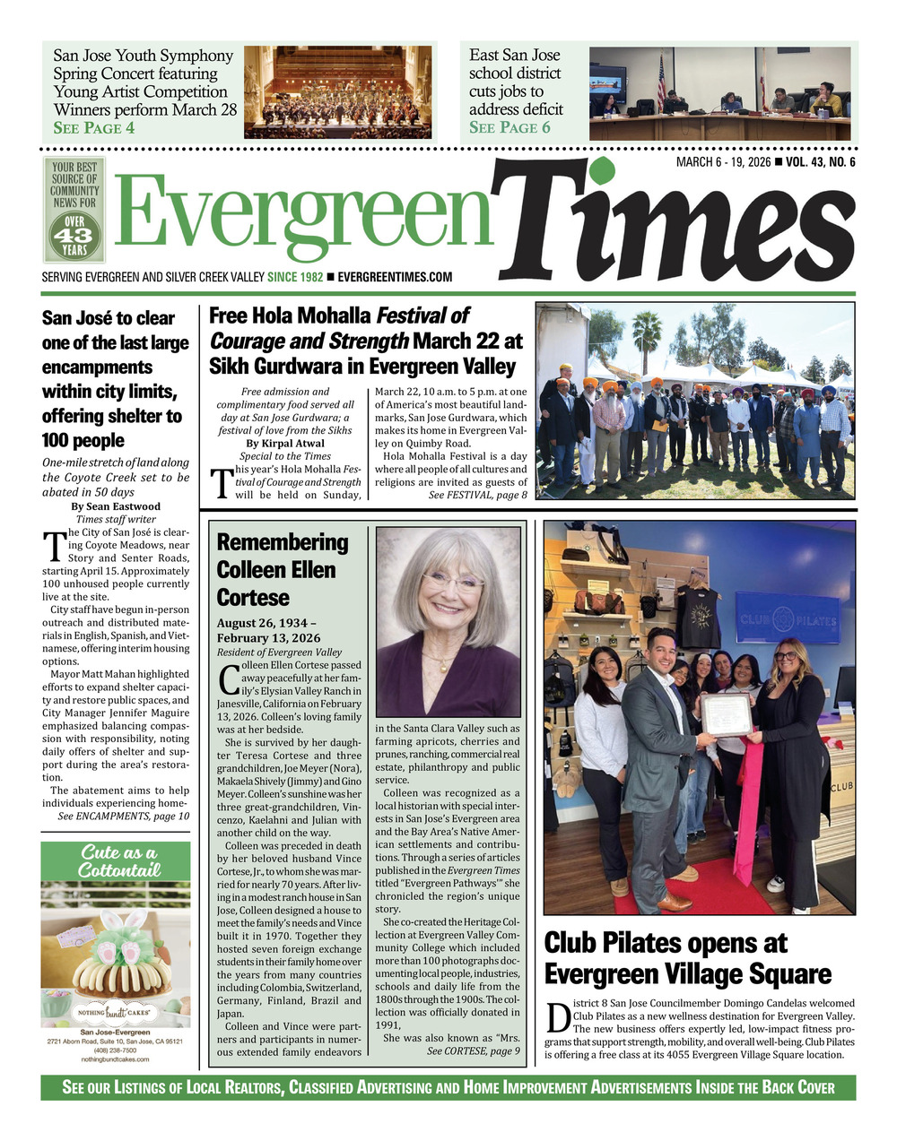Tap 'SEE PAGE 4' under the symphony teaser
coord(94,128)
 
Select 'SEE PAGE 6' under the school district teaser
coord(509,127)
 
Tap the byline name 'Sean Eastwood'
coord(121,506)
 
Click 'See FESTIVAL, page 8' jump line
coord(477,494)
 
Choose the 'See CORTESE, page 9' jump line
coord(473,1051)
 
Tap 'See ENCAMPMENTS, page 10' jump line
coord(123,817)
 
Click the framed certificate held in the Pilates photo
coord(725,713)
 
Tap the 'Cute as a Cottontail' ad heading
coord(116,861)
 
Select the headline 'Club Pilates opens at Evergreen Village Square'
coord(687,958)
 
